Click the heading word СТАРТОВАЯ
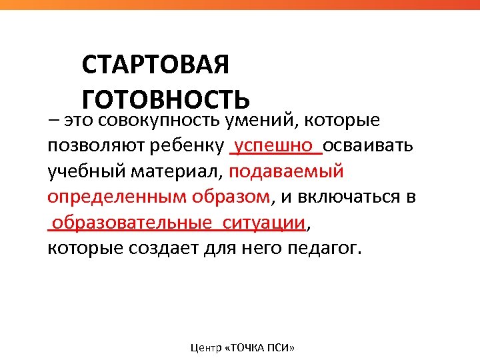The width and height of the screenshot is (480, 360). [155, 66]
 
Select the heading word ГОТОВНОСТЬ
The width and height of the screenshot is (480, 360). [165, 99]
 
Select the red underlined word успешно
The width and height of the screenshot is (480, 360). [275, 145]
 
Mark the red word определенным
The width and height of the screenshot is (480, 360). [117, 197]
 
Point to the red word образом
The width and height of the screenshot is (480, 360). [231, 197]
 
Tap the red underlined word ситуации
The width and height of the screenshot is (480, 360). [265, 223]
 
